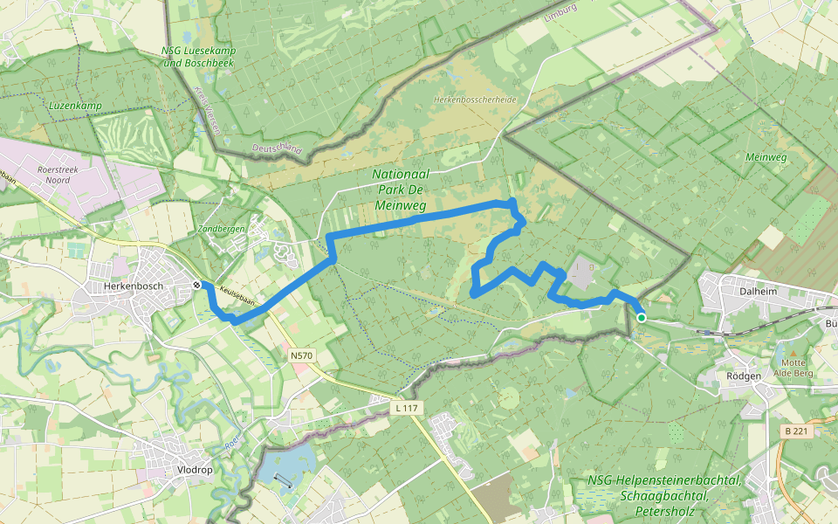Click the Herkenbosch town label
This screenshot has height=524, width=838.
133,286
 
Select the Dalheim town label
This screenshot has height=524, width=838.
757,293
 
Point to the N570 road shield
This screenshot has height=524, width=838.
301,355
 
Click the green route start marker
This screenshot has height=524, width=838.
642,318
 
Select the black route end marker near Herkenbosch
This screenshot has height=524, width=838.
198,285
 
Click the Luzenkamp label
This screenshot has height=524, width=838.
75,106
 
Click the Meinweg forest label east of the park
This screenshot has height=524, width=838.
766,157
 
